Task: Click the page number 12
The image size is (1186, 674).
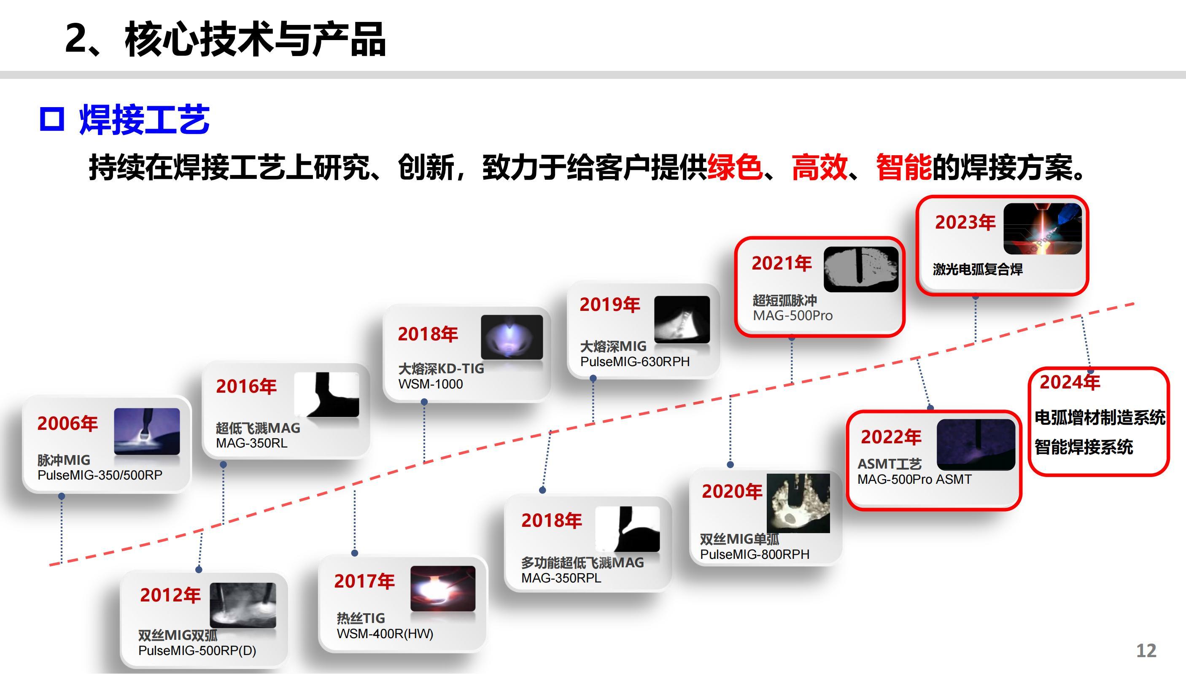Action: [1146, 651]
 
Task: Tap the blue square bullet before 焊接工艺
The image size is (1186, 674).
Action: [51, 119]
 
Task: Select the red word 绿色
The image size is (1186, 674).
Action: [735, 167]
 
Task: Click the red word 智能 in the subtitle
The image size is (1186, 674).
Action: [904, 167]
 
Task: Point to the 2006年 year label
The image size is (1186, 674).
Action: [67, 423]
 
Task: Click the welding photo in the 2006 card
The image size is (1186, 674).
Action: [147, 431]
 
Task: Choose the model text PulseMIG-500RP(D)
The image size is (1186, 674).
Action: [197, 650]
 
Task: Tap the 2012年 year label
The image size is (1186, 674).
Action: [170, 595]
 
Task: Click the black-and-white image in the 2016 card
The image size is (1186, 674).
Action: [327, 395]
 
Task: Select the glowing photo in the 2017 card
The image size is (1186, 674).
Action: [443, 588]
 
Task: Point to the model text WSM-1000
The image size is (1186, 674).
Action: [430, 384]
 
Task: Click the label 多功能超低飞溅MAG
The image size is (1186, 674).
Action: [582, 562]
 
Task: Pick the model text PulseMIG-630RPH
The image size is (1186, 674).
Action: [635, 361]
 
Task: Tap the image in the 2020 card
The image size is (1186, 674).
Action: [798, 503]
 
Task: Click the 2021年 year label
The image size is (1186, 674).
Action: [782, 263]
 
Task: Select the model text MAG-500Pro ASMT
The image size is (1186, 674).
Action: [914, 479]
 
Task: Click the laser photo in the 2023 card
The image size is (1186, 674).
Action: [1043, 229]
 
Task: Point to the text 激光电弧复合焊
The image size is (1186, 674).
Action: [978, 269]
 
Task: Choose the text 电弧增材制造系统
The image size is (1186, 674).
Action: [1100, 418]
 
